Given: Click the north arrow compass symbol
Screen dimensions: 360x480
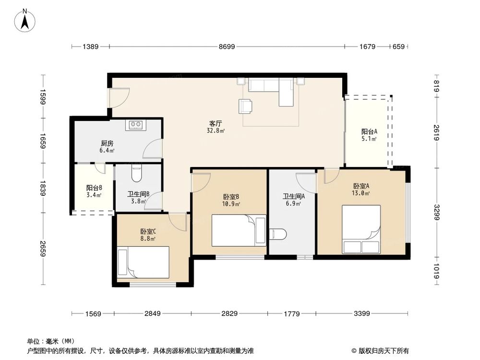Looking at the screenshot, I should pos(25,21).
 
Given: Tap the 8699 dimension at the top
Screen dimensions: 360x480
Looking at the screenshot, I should pos(227,47).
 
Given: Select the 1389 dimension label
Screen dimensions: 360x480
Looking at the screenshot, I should pos(90,47).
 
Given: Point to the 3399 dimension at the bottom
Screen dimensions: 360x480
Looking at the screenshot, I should pos(361,313).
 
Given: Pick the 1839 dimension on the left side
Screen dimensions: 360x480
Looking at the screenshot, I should pos(43,189).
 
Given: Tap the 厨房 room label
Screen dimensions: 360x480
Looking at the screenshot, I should pos(107,144).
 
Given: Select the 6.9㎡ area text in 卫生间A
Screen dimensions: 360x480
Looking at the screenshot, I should pos(294,204).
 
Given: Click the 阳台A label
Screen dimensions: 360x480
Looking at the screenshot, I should pos(369,132).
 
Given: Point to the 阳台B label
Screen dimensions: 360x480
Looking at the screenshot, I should pos(94,188).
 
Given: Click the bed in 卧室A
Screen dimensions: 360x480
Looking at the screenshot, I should pos(361,229).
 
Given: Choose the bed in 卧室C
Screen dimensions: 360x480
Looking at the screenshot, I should pos(143,262).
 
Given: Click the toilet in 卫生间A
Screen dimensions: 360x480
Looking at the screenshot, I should pos(278,234).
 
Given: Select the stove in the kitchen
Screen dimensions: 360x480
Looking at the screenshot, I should pos(136,125).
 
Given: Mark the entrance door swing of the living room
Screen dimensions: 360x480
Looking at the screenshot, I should pos(119,97).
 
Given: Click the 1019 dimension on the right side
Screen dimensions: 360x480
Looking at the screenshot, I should pos(436,272).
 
